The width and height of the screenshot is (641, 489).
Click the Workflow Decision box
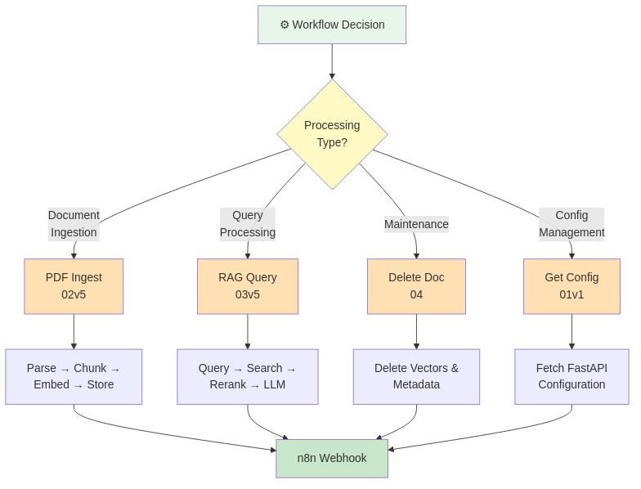coord(332,25)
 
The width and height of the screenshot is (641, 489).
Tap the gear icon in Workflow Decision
coord(285,25)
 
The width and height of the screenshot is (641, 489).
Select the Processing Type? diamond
coord(332,134)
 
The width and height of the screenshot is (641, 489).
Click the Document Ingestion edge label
coord(74,224)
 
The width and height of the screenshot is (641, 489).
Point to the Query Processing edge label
coord(247,224)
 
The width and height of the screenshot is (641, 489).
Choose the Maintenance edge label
coord(416,224)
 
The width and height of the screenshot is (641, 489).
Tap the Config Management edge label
coord(572,224)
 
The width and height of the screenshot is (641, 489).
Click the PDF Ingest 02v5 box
coord(74,286)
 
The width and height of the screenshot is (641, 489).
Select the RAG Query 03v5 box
coord(247,286)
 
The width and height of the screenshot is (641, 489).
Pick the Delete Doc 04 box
coord(416,286)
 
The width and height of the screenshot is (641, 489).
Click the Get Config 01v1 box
coord(572,286)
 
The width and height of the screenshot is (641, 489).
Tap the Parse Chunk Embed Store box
coord(74,376)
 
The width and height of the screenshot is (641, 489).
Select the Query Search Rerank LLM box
coord(247,376)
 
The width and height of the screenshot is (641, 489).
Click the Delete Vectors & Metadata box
coord(416,376)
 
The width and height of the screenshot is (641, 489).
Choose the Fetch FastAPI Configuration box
coord(572,376)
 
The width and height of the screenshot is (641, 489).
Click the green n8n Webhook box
coord(331,458)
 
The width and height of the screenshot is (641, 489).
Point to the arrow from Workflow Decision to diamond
coord(332,61)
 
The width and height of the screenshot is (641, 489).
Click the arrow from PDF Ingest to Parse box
coord(74,331)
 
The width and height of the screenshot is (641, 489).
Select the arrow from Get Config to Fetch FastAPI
coord(572,331)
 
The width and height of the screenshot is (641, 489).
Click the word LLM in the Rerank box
coord(274,385)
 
